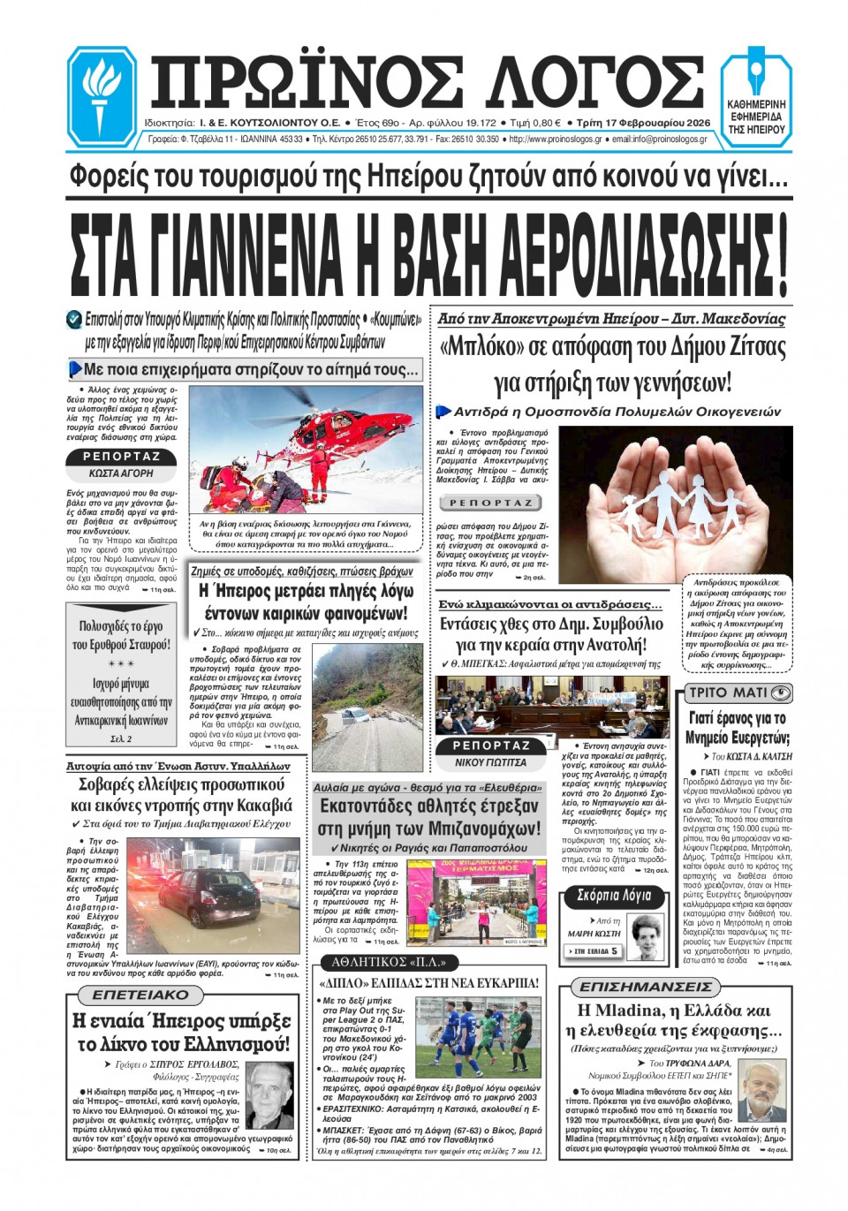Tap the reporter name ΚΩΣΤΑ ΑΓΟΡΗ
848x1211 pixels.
coord(121,473)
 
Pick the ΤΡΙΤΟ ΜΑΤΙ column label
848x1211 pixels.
coord(738,693)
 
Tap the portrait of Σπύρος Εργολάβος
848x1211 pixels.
coord(270,1095)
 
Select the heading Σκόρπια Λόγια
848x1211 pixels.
coord(613,896)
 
